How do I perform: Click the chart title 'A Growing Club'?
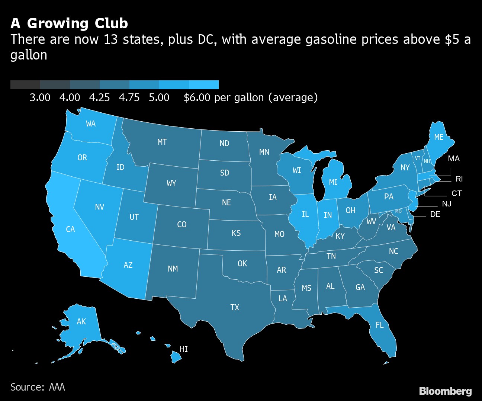tap(69, 23)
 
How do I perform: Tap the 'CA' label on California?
tap(70, 229)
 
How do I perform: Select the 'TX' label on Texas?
tap(235, 307)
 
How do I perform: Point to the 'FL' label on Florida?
tap(379, 325)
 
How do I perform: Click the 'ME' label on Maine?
tap(439, 137)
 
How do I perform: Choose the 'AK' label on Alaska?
tap(81, 321)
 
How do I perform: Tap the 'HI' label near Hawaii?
tap(184, 349)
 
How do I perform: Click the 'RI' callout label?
tap(459, 179)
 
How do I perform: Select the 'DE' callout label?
tap(435, 214)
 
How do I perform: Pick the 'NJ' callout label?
tap(447, 204)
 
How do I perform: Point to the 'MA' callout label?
tap(454, 158)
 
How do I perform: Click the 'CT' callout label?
tap(457, 193)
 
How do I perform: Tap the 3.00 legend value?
tap(40, 97)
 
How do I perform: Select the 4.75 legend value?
tap(129, 97)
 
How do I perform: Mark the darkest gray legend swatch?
tap(25, 85)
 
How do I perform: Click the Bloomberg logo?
tap(445, 391)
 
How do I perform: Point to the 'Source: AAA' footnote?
tap(38, 387)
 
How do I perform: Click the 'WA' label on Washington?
tap(91, 124)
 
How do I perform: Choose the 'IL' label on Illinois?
tap(305, 214)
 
